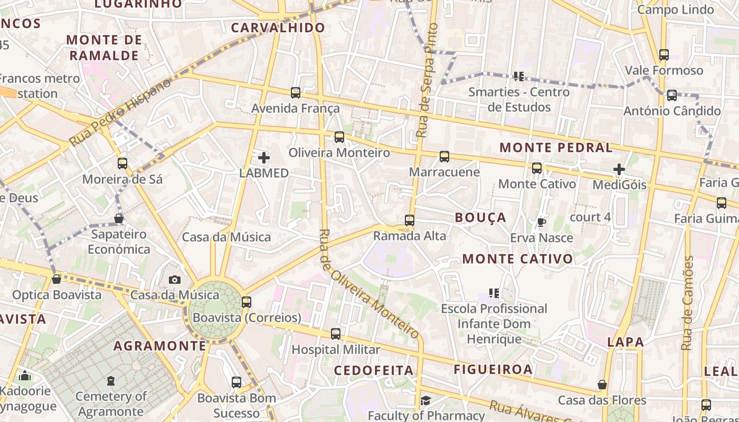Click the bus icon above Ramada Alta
tap(409, 220)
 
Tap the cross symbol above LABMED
tap(263, 157)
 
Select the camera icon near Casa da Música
tap(175, 280)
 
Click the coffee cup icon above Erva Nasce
tap(541, 222)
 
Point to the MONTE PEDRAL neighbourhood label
tap(556, 148)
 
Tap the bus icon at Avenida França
tap(296, 93)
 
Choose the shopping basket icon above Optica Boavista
tap(56, 279)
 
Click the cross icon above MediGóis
tap(619, 169)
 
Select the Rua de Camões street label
tap(687, 303)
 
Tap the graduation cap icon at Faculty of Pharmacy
tap(425, 401)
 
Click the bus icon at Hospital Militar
tap(336, 334)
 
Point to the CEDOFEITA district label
tap(374, 370)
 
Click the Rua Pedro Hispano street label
tap(120, 112)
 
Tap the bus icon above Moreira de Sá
tap(122, 164)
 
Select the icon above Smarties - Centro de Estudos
tap(518, 76)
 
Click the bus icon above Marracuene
tap(444, 157)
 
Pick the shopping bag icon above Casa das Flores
tap(602, 385)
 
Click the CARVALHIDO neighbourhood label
tap(278, 28)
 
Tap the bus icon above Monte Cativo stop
tap(537, 168)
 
